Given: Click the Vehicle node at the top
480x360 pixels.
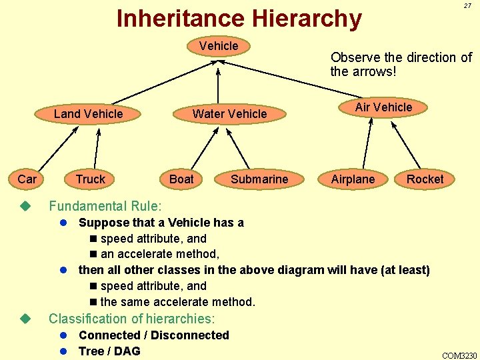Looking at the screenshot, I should click(219, 46).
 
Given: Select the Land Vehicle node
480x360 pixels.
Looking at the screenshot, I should click(88, 114).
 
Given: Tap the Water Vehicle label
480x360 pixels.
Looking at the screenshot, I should click(229, 114).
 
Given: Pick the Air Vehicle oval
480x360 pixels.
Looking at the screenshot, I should click(383, 107).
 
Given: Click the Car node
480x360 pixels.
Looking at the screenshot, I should click(27, 179).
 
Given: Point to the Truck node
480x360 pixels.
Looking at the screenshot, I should click(91, 179).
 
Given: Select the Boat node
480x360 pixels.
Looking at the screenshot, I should click(181, 179).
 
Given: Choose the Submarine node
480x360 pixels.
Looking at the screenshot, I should click(259, 179).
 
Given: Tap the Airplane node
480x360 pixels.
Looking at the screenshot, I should click(353, 179).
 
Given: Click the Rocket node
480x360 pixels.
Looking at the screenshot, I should click(425, 179).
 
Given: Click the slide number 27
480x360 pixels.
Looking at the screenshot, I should click(468, 6).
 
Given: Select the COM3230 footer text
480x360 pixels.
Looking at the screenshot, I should click(459, 355).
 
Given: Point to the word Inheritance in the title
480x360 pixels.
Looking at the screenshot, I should click(173, 18).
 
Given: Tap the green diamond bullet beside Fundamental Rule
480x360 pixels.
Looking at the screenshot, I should click(26, 206).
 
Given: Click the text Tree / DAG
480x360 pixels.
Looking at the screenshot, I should click(109, 351).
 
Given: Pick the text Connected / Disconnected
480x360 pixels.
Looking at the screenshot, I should click(153, 335).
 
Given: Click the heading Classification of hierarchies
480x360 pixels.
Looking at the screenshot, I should click(132, 319).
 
